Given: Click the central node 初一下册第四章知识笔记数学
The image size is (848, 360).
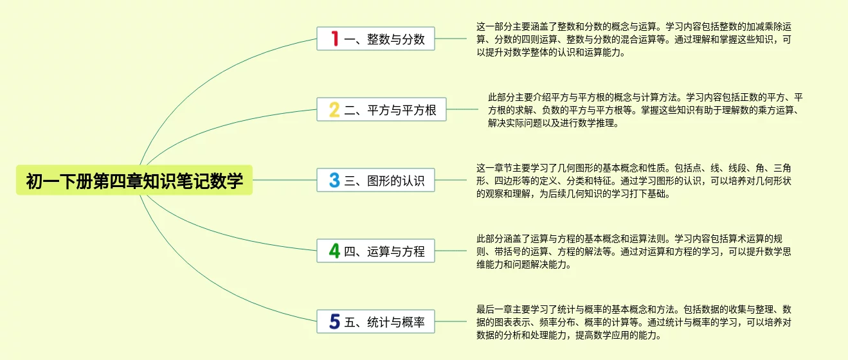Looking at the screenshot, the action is [134, 181].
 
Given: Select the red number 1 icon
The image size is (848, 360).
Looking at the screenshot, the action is [334, 39].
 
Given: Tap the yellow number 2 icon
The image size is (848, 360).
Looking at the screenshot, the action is [334, 109].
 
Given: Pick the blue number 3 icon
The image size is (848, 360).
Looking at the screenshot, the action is [334, 180].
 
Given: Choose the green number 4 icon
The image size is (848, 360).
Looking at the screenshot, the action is [334, 251].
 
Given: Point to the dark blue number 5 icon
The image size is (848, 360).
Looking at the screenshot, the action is [334, 321].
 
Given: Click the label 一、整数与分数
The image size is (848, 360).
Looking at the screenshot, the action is [384, 39].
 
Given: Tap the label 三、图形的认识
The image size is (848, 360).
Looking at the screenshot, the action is [384, 181].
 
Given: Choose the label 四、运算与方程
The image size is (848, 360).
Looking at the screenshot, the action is [384, 251].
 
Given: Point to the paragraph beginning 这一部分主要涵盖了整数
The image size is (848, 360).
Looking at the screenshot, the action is [633, 40].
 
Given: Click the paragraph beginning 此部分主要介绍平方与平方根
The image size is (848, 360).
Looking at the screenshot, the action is [645, 111].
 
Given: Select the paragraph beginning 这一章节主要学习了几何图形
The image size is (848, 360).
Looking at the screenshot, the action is [633, 181].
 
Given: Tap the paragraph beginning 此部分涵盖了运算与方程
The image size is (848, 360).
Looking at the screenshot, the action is [633, 251].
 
